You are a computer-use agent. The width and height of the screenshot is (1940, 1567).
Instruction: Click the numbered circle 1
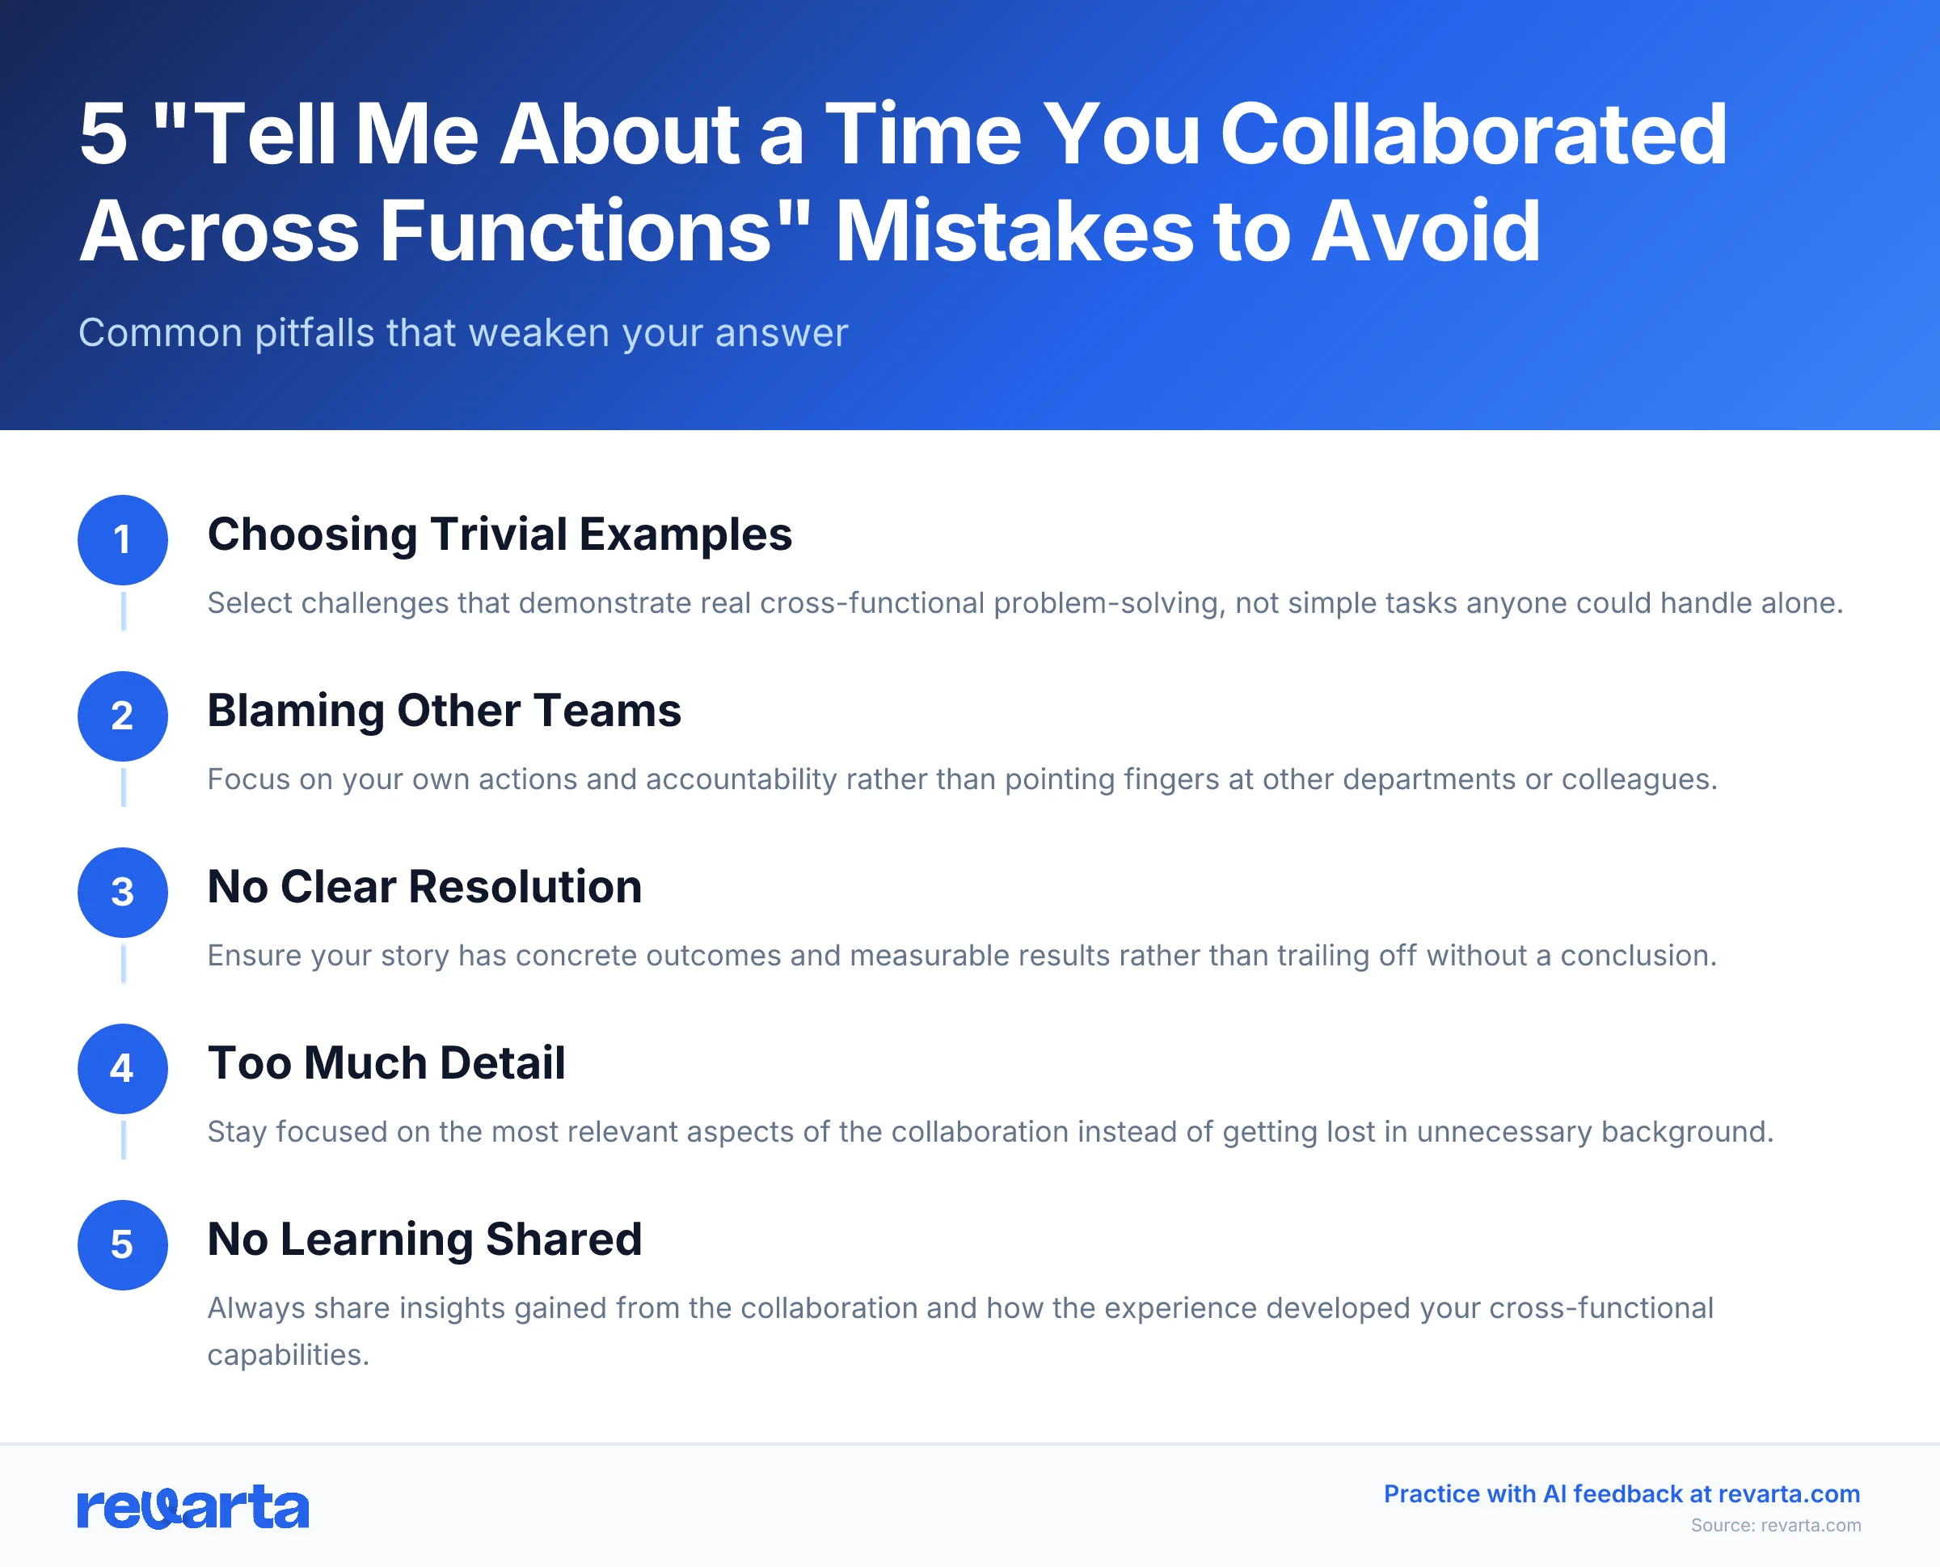123,540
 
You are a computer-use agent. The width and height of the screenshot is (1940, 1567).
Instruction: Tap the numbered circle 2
123,716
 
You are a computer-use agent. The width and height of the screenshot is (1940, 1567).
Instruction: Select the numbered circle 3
123,892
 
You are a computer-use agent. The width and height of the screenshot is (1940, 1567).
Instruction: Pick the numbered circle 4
123,1068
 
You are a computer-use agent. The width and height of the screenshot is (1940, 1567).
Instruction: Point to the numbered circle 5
123,1244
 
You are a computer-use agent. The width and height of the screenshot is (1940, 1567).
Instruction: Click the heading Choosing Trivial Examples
499,534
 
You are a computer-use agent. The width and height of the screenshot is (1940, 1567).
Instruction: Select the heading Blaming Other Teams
444,711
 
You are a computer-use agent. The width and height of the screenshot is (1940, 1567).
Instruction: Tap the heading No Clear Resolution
424,886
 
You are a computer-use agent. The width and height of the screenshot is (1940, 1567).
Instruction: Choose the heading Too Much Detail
386,1062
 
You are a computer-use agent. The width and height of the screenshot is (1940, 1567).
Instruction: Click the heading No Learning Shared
424,1240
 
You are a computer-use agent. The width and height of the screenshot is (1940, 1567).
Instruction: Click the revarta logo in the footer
193,1506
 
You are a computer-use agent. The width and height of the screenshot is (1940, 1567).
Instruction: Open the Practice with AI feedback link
1622,1494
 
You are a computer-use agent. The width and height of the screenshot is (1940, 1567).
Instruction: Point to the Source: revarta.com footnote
1775,1526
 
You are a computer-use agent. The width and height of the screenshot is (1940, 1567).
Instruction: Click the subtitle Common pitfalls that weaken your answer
463,333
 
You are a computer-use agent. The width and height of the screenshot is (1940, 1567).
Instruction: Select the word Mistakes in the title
1014,231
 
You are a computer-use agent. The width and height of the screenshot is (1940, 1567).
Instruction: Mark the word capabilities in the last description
287,1355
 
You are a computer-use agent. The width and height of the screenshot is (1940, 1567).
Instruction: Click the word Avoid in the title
1426,231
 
